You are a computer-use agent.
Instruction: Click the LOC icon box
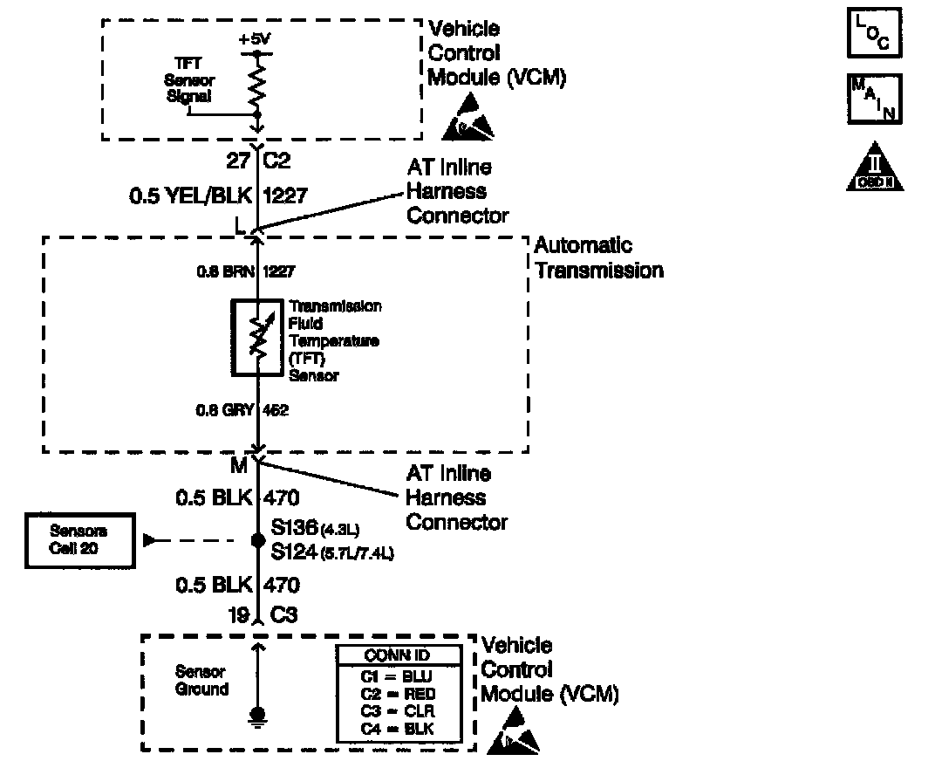[x=875, y=33]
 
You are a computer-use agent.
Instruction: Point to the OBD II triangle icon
[x=875, y=168]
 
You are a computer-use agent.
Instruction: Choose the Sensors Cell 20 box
[x=79, y=540]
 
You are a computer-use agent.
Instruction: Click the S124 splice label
[x=292, y=552]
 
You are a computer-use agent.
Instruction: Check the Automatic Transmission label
[x=598, y=258]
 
